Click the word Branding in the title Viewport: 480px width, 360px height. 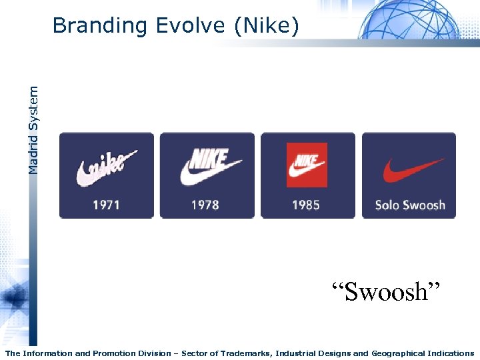pos(99,26)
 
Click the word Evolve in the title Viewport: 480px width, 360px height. pos(190,26)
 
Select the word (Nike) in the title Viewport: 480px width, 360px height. pos(266,26)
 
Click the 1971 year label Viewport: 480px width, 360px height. pos(106,205)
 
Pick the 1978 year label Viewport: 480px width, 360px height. pos(205,205)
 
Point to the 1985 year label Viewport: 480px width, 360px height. pos(306,205)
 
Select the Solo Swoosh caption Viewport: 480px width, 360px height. pos(410,205)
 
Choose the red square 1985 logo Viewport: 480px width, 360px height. pos(307,165)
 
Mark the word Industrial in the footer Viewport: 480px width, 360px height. pos(302,353)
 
